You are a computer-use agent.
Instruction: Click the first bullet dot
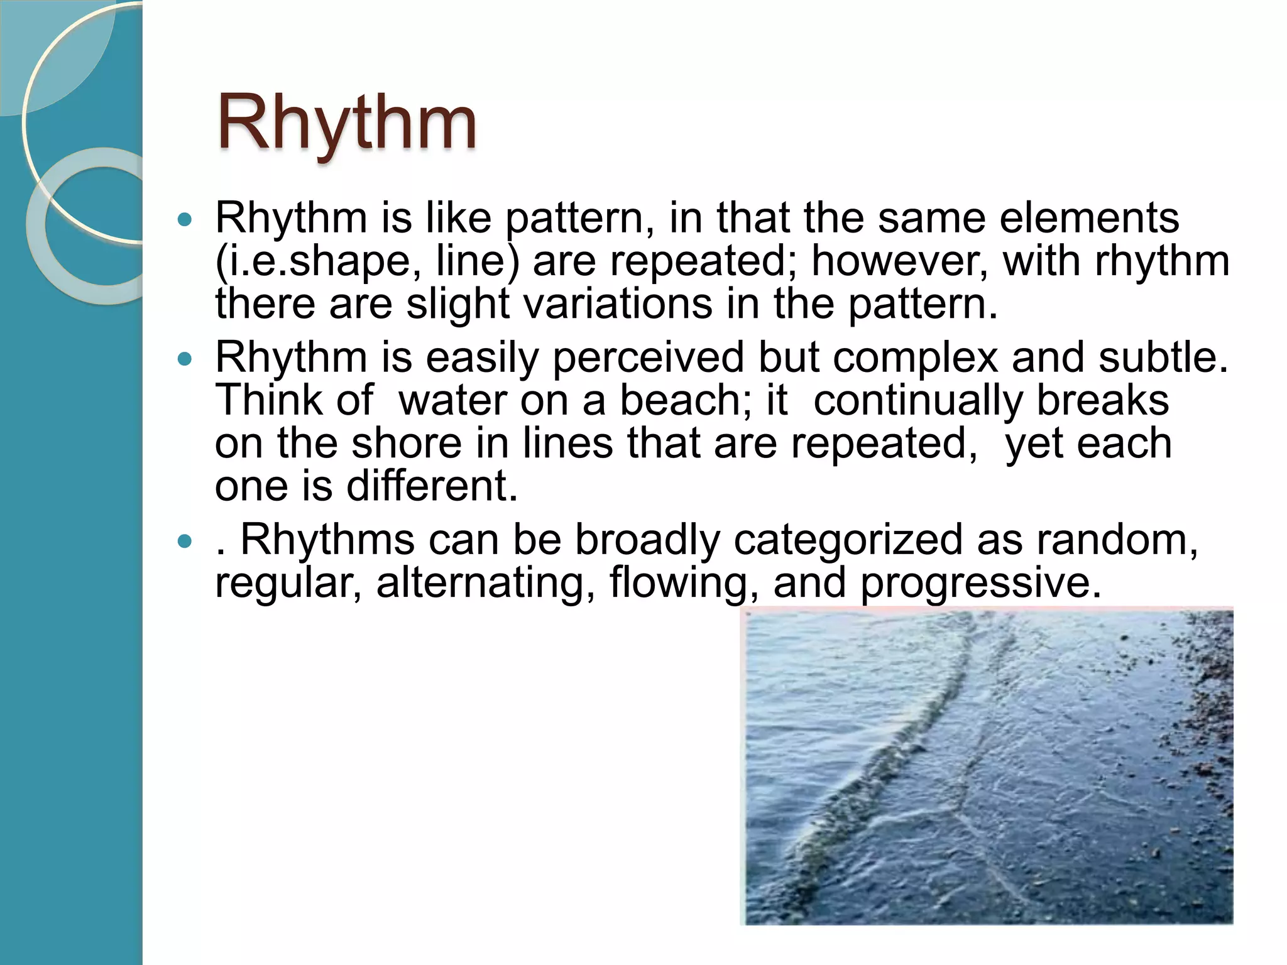pyautogui.click(x=184, y=220)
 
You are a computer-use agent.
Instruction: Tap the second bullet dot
pyautogui.click(x=184, y=359)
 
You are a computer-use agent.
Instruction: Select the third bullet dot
pyautogui.click(x=184, y=542)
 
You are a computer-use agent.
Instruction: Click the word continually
pyautogui.click(x=918, y=401)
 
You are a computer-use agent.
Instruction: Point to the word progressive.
pyautogui.click(x=980, y=583)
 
